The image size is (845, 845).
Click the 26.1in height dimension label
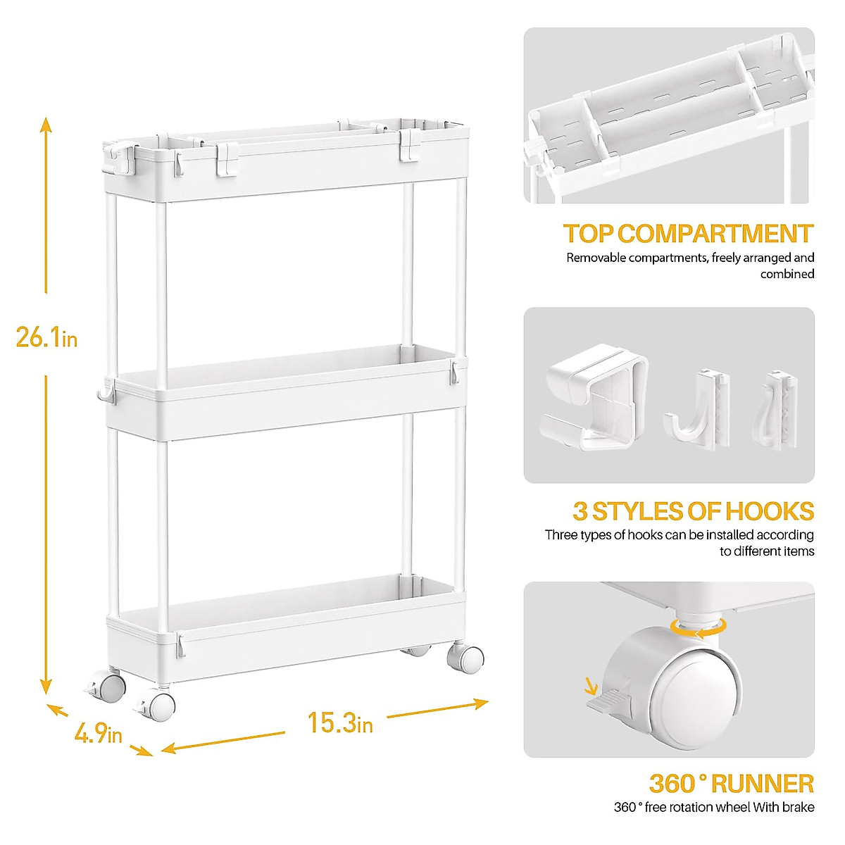(x=46, y=338)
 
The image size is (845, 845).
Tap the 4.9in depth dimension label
(x=98, y=734)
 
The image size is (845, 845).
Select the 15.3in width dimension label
(x=340, y=722)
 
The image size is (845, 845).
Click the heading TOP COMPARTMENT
(x=688, y=234)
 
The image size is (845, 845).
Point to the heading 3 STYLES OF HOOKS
(x=693, y=511)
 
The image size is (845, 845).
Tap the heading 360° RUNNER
(x=731, y=783)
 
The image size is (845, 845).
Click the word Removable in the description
(x=596, y=258)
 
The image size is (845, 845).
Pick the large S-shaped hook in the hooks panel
(x=595, y=401)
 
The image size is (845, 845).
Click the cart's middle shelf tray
(x=282, y=394)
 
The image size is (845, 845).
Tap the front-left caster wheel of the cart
(x=160, y=706)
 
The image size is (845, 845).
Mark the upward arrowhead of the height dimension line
(x=46, y=125)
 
